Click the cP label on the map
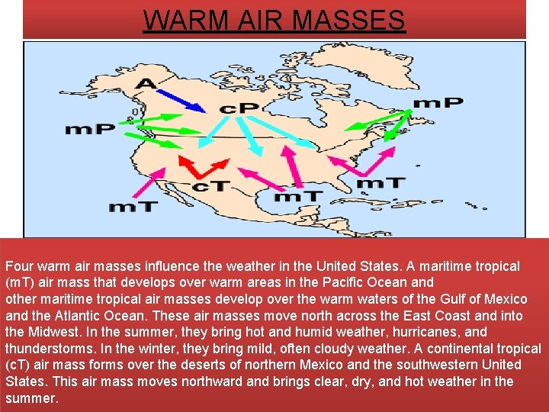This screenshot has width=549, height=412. point(238,108)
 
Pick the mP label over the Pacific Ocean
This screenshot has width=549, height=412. point(90,129)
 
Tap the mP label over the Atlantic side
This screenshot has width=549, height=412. point(438,102)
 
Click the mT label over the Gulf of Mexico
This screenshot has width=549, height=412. point(298,196)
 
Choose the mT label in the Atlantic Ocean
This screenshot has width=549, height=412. point(381,183)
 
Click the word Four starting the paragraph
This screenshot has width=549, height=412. point(19,266)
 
